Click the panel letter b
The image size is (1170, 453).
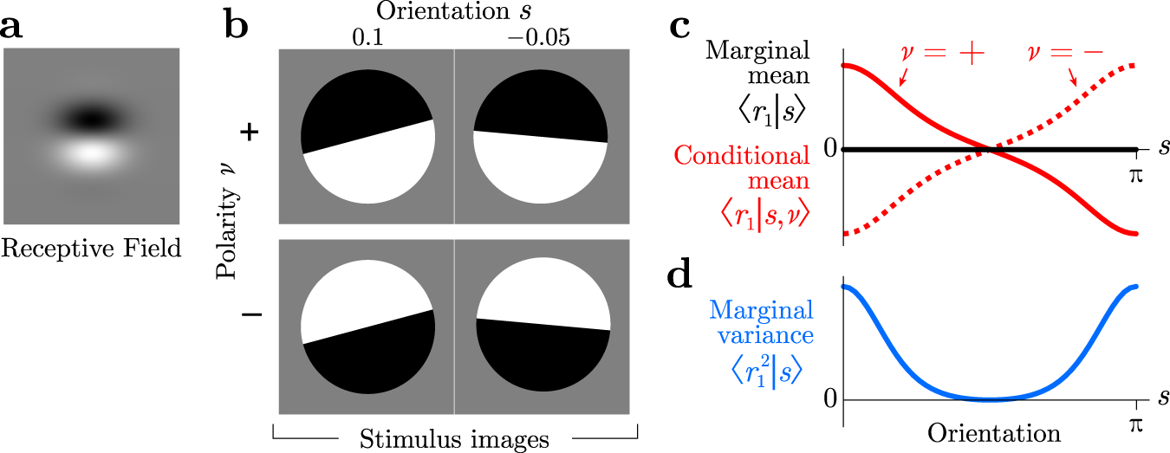(x=237, y=26)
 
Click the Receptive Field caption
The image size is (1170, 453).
(x=91, y=249)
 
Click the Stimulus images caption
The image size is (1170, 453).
(x=456, y=439)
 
